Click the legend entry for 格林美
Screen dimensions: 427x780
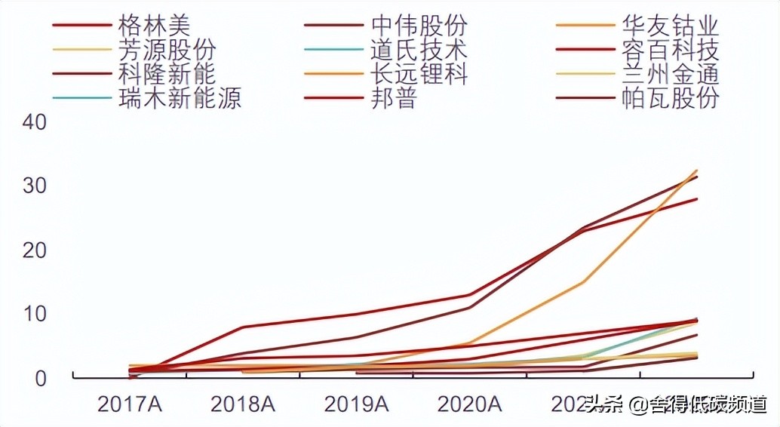(x=154, y=25)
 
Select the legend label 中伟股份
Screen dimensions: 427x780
(x=419, y=25)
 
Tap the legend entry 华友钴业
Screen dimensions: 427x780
(x=670, y=25)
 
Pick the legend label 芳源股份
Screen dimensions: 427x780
(x=167, y=50)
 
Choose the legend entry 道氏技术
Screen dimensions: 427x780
(x=419, y=50)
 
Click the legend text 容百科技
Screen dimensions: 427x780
(x=670, y=50)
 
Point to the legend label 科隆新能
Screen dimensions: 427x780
(x=167, y=74)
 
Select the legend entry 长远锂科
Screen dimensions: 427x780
(x=419, y=74)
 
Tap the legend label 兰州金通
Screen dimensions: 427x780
(x=670, y=74)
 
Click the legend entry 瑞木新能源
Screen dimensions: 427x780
(x=180, y=98)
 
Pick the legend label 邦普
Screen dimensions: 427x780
(x=393, y=98)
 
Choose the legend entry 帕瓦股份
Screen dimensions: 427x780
(x=670, y=98)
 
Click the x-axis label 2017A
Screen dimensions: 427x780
(x=130, y=404)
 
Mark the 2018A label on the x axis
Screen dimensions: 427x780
(x=243, y=404)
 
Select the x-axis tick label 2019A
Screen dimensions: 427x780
(x=356, y=404)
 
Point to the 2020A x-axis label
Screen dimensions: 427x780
(x=469, y=404)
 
